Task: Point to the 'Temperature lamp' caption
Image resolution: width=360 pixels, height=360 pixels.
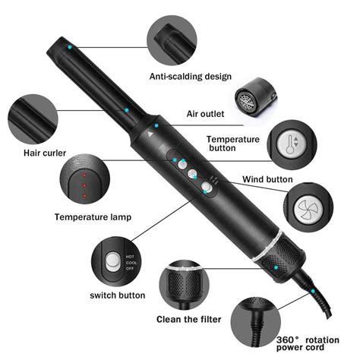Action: click(92, 216)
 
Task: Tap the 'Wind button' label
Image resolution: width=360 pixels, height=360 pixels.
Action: click(267, 180)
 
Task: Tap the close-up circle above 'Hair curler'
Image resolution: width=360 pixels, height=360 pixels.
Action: click(31, 118)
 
